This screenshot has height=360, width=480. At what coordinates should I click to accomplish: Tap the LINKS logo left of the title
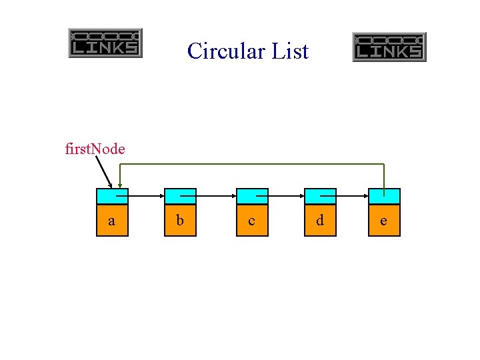pos(105,43)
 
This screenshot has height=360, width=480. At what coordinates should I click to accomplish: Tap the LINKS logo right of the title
pos(389,47)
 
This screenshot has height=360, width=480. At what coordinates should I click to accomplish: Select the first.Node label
pos(95,149)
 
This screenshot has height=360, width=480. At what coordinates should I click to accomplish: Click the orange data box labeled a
pos(112,220)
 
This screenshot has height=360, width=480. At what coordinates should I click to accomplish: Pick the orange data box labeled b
pos(180,220)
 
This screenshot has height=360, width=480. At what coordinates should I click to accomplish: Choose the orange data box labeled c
pos(251,220)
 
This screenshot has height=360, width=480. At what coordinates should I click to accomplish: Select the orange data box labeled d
pos(320,220)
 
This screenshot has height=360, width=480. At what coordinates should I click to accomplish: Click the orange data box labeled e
pos(384,220)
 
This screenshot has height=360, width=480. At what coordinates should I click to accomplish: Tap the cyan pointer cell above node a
pos(112,196)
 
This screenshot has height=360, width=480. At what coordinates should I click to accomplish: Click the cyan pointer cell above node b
pos(180,196)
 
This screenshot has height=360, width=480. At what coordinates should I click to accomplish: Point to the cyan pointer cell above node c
pos(251,196)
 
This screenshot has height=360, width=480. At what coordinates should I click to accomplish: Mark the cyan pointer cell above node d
pos(320,196)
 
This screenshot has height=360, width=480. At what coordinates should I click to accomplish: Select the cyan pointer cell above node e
pos(384,196)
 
